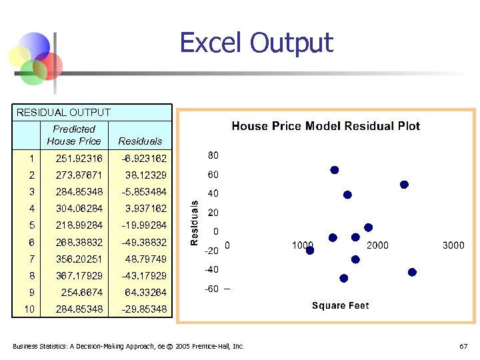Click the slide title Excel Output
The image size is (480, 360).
[256, 43]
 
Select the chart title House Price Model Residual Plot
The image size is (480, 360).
[325, 126]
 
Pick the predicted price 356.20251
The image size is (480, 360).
[79, 259]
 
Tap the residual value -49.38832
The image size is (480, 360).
[144, 242]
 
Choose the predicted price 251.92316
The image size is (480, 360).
[79, 159]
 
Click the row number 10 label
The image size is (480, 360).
[29, 309]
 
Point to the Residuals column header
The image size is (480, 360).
[140, 141]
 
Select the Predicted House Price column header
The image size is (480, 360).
[74, 135]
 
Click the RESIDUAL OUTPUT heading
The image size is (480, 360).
[63, 113]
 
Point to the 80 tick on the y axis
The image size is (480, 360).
[213, 155]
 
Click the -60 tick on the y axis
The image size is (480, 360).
[212, 289]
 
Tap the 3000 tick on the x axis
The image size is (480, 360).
[453, 245]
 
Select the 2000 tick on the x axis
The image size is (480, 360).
[377, 245]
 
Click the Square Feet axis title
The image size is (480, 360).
[340, 305]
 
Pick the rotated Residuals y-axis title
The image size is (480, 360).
[195, 223]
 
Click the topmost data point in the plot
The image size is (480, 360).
[335, 170]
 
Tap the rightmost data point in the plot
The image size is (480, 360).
[412, 272]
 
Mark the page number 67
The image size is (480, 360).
[463, 347]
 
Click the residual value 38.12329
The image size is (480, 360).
[145, 175]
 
